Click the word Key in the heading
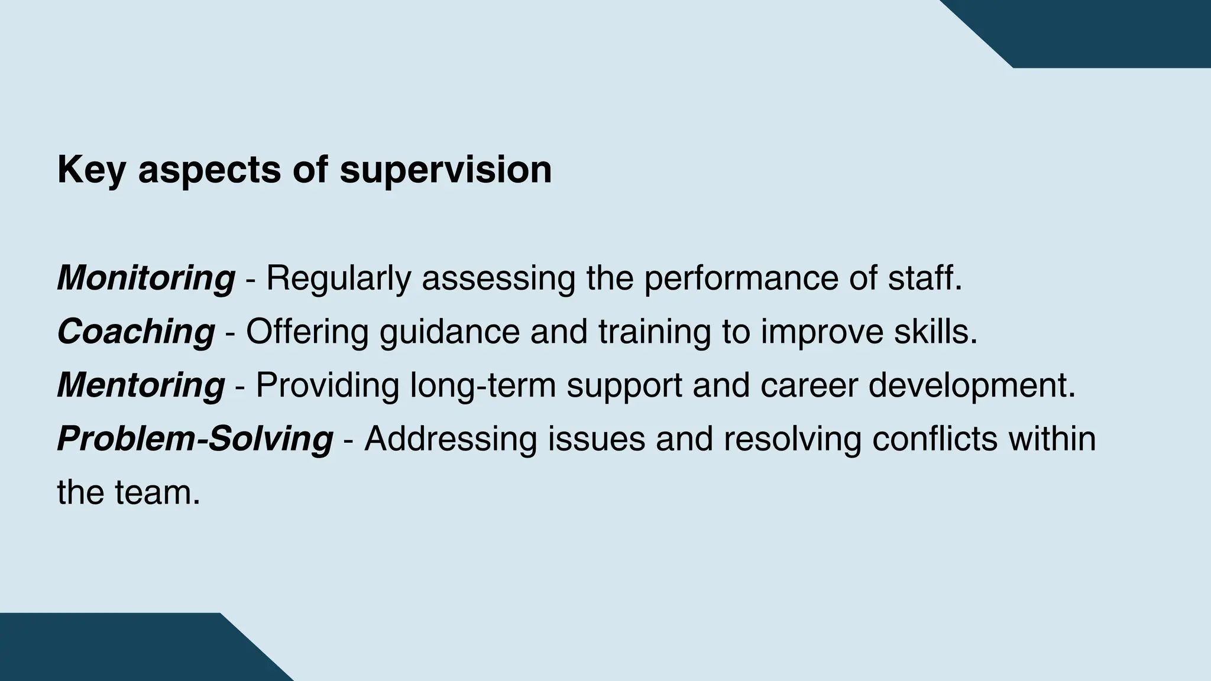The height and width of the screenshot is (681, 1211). (92, 170)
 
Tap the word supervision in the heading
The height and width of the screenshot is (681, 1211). (446, 170)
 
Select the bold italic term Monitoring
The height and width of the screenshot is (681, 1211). (146, 278)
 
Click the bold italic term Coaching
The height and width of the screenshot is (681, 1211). (136, 332)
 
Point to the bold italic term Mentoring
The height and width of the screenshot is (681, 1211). (141, 385)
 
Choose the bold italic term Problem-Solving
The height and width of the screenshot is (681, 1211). (195, 439)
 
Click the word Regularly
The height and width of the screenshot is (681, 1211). (338, 278)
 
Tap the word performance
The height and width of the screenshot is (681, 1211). (741, 278)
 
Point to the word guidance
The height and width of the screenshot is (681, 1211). (449, 332)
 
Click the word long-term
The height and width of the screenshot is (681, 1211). (483, 385)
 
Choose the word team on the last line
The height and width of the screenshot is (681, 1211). (158, 493)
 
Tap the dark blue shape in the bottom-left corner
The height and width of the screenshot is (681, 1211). (118, 650)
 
